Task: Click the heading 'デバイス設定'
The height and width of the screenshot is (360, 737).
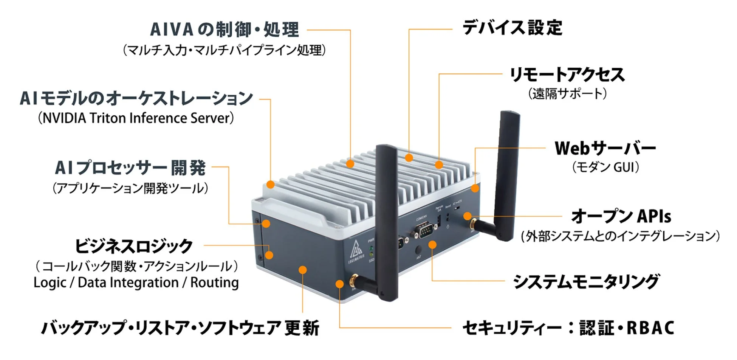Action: coord(512,28)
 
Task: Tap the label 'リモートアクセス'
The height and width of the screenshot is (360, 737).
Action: coord(567,74)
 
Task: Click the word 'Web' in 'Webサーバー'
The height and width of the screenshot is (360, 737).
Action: coord(571,148)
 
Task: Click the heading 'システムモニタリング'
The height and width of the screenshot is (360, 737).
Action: coord(585,282)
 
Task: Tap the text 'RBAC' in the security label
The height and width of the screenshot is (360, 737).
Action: coord(650,328)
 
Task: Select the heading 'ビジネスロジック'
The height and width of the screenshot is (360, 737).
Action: coord(134,246)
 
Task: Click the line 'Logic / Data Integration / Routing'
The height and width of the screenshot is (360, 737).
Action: coord(136,282)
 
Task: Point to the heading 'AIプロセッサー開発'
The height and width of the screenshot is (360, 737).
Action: coord(130,168)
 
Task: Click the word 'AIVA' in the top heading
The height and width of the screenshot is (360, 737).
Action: coord(172,29)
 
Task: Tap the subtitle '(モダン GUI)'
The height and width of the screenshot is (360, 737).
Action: coord(605,167)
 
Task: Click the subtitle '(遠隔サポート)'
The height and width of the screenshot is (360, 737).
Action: coord(567,93)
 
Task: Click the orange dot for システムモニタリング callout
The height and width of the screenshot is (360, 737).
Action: coord(432,245)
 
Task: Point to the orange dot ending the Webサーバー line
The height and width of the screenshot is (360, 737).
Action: coord(475,188)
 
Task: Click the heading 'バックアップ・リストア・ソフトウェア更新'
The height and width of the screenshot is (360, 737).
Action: coord(180,328)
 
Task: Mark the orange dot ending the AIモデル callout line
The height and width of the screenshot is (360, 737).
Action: coord(270,185)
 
